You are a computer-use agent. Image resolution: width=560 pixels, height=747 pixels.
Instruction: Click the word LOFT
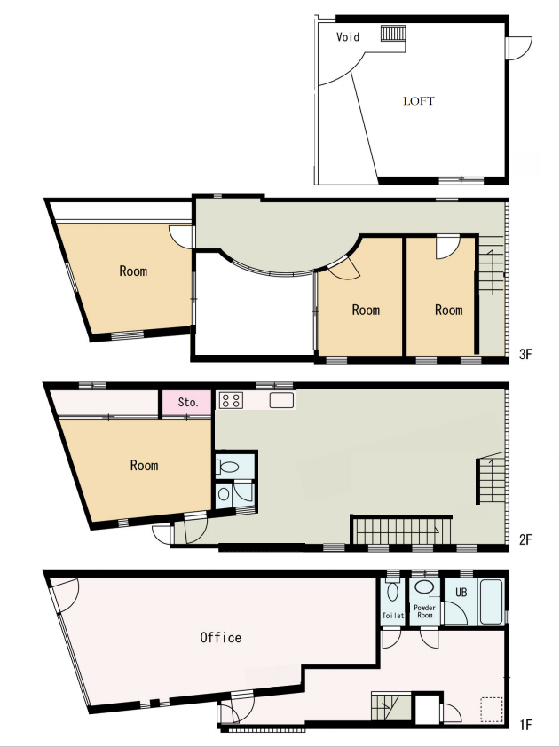tap(419, 101)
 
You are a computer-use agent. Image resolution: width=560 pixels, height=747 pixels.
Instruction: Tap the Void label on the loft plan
tap(348, 36)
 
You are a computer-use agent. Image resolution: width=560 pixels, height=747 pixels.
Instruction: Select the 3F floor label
tap(525, 354)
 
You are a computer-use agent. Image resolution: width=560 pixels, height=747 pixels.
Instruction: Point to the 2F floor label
tap(525, 539)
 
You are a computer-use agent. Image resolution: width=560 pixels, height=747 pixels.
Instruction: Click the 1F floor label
tap(525, 725)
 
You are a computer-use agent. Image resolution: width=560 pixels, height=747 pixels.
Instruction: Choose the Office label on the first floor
tap(221, 637)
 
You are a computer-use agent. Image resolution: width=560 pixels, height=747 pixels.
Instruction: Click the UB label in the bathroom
tap(461, 593)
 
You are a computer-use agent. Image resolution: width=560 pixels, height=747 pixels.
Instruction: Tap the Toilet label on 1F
tap(393, 616)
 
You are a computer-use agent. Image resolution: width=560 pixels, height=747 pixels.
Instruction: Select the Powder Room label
tap(424, 611)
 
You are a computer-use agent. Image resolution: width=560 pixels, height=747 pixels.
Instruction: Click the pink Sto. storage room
tap(187, 403)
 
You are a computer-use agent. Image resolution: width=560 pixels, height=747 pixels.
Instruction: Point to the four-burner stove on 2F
tap(231, 399)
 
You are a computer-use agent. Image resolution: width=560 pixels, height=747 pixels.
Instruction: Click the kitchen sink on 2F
tap(281, 400)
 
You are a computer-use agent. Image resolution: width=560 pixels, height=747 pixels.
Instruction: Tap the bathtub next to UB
tap(492, 602)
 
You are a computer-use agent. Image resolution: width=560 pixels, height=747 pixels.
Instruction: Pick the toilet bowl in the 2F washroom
tap(226, 467)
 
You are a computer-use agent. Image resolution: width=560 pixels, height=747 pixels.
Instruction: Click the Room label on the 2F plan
tap(144, 465)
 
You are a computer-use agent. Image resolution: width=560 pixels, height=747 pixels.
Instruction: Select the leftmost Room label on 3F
tap(133, 271)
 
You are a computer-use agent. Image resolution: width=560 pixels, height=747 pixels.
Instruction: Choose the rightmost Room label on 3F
tap(448, 310)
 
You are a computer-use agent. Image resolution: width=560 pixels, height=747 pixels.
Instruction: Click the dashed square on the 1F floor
tap(492, 707)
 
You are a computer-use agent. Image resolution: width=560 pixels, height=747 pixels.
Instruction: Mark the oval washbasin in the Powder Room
tap(423, 586)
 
